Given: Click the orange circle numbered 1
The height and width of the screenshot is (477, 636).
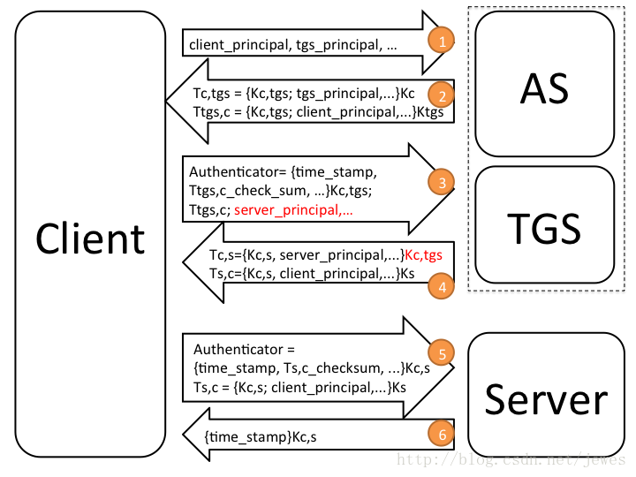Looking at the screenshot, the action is click(442, 40).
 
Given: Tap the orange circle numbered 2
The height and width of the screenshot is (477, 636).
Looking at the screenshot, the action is click(442, 95).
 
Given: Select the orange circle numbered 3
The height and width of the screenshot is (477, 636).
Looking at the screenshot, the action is click(442, 182).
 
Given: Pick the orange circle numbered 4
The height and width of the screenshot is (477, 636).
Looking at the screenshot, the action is click(442, 286).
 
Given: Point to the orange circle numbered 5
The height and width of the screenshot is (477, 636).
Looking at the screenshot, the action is click(442, 352).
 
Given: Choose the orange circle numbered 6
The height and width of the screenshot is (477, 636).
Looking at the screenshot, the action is click(442, 434).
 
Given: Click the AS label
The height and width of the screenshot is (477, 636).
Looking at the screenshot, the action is click(544, 89).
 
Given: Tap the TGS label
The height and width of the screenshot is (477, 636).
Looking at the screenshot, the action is click(544, 229).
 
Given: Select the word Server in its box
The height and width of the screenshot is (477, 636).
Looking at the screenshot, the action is click(546, 399).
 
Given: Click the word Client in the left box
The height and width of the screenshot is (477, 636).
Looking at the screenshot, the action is click(90, 238).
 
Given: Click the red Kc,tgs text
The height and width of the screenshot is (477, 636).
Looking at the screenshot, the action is click(423, 255).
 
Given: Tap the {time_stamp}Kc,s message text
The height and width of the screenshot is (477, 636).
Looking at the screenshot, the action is click(260, 437).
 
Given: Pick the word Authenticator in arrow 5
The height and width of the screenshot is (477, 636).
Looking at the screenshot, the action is click(238, 349).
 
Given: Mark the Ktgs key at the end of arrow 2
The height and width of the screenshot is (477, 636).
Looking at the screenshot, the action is click(430, 112).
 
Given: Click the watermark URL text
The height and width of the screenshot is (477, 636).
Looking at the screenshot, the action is click(511, 459).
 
